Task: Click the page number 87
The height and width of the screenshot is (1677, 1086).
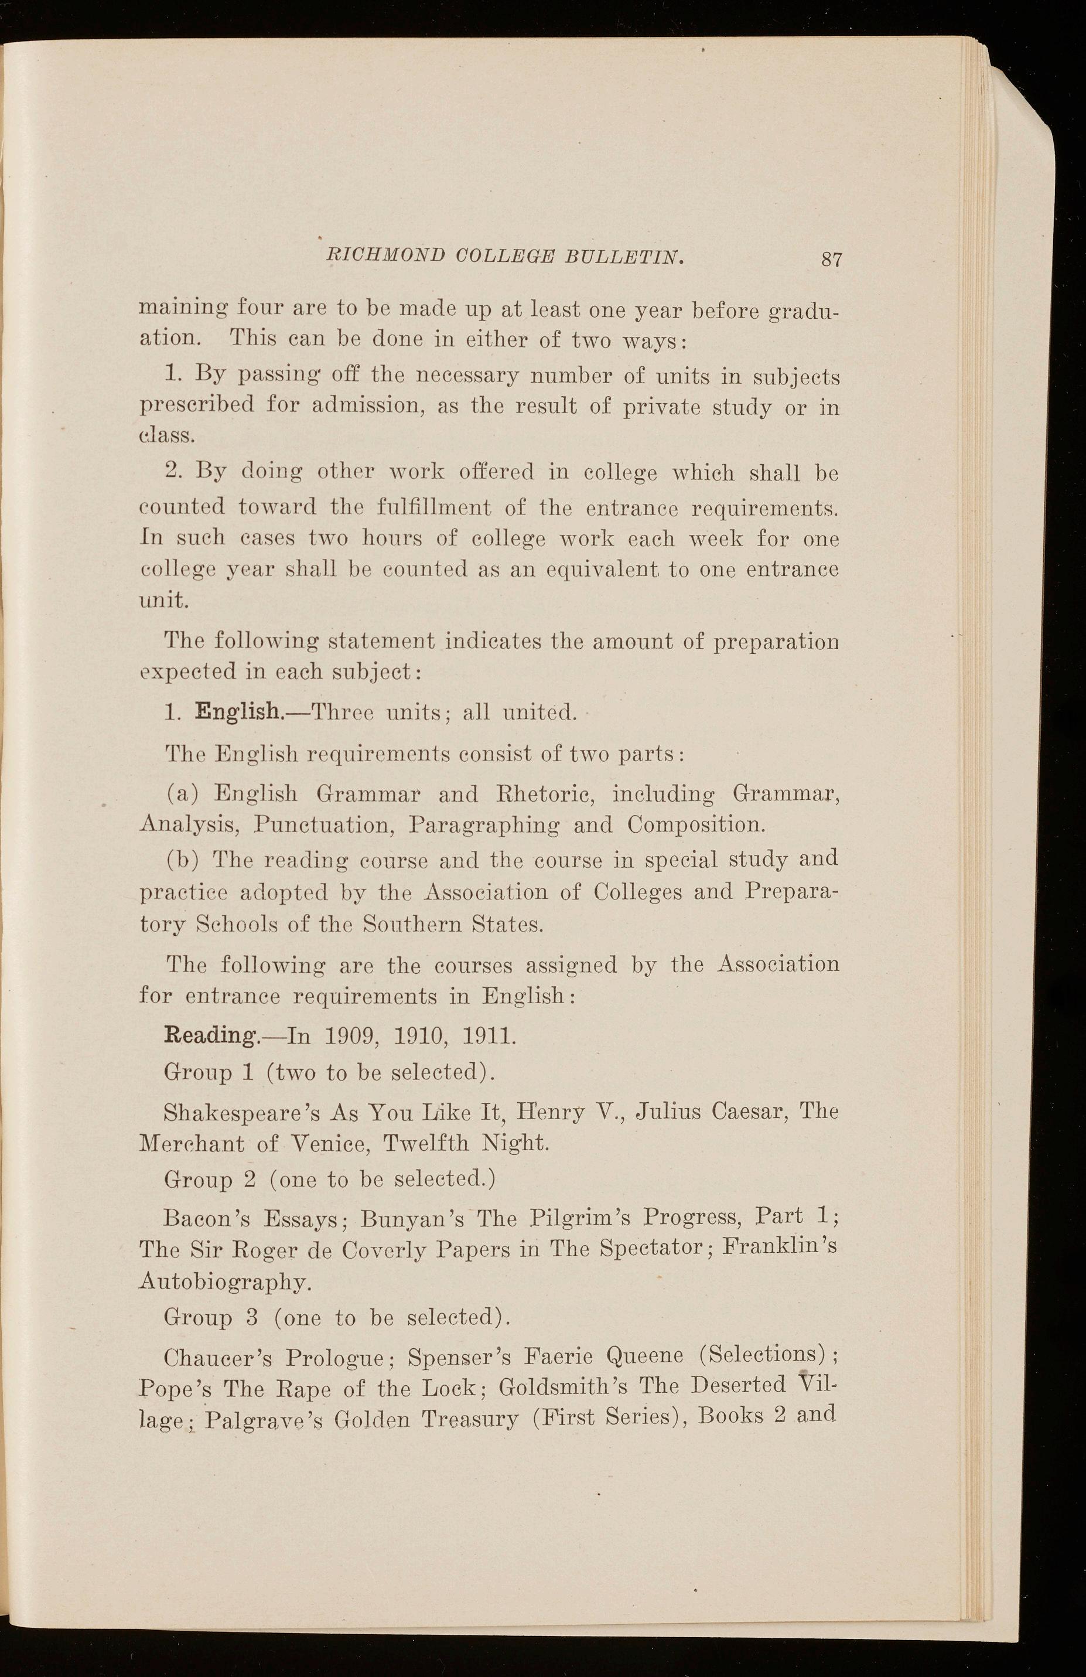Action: pyautogui.click(x=832, y=260)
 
